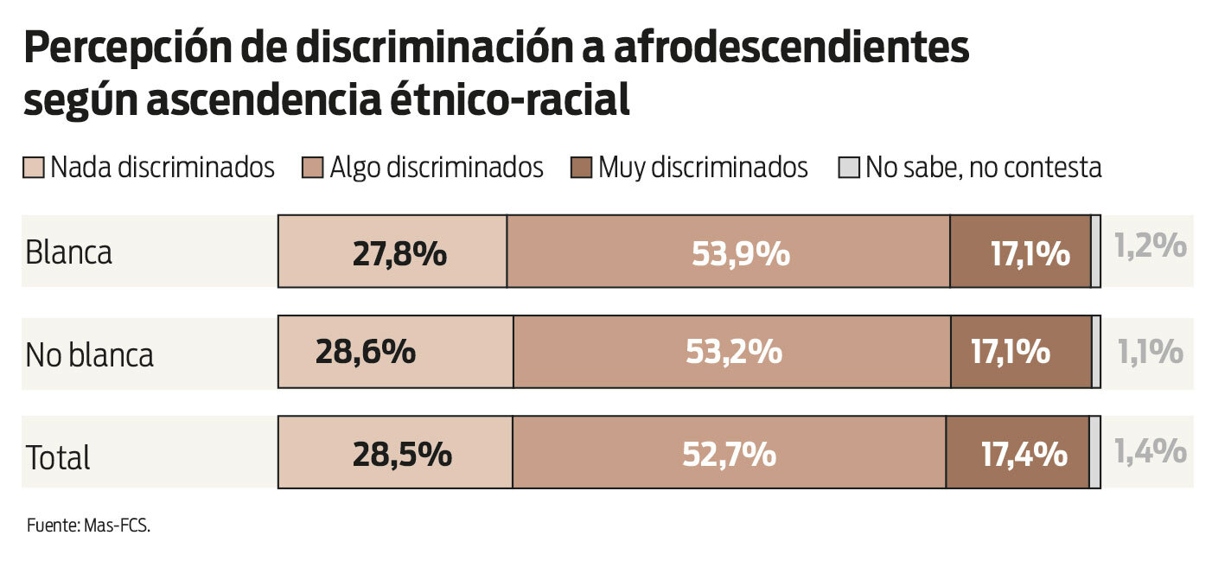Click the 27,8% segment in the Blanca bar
(x=392, y=252)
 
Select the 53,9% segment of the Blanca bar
(x=728, y=252)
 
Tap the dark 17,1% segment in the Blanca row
(x=1020, y=252)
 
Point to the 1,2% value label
(x=1150, y=247)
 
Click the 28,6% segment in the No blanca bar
(x=395, y=352)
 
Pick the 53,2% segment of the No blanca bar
(x=731, y=352)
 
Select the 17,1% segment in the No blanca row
(x=1021, y=352)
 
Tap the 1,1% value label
(x=1150, y=351)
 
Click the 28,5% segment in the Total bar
(x=395, y=452)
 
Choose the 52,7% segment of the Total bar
(x=729, y=452)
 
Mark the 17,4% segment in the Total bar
(x=1017, y=452)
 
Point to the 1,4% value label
(x=1150, y=451)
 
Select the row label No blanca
(x=90, y=354)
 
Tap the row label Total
(x=58, y=457)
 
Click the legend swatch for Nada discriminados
(x=33, y=168)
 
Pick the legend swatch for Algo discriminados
(x=312, y=168)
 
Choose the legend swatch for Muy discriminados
(x=581, y=168)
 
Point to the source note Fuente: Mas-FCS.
(x=88, y=526)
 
